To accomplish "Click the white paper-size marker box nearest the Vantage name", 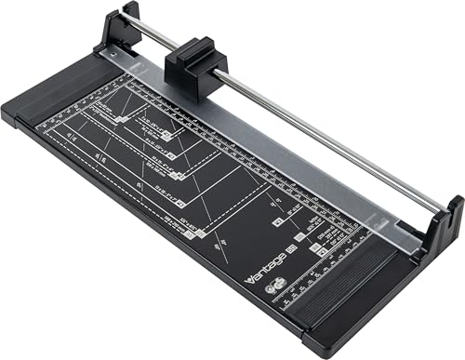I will coord(278,222).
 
